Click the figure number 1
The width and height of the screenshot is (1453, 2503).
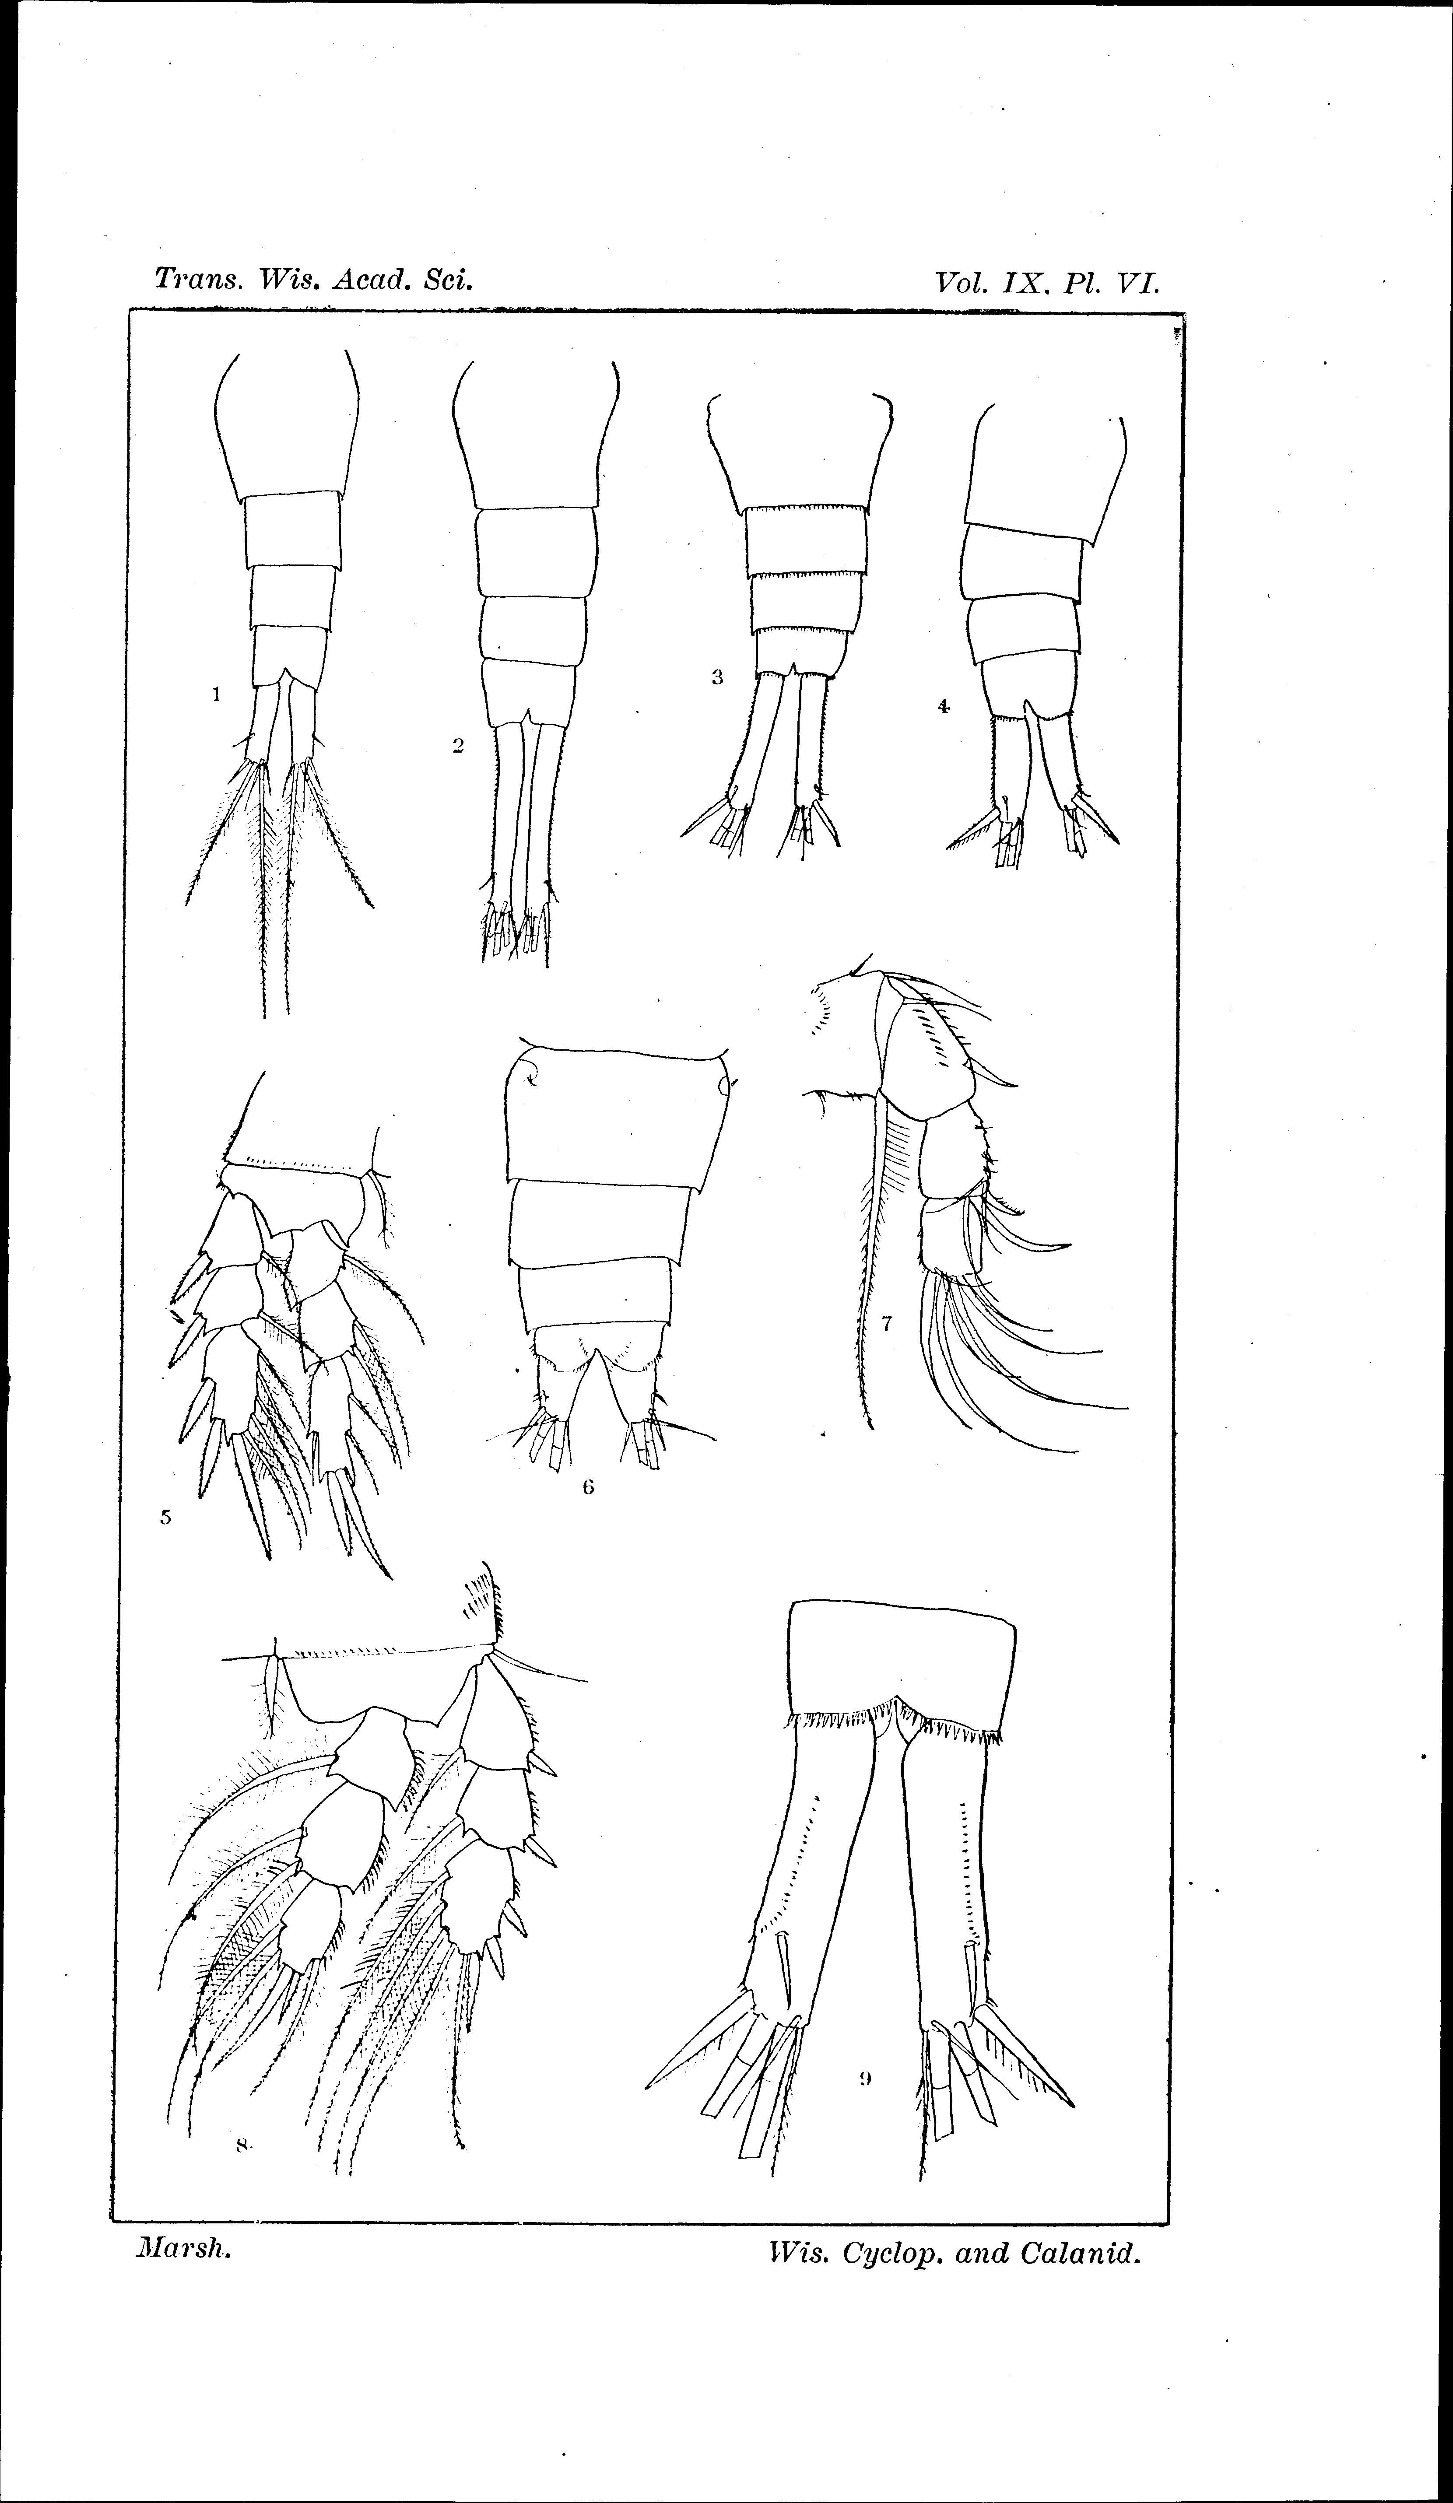click(x=215, y=695)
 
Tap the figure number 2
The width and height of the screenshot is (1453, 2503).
click(x=458, y=746)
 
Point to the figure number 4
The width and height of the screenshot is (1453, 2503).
click(x=943, y=706)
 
